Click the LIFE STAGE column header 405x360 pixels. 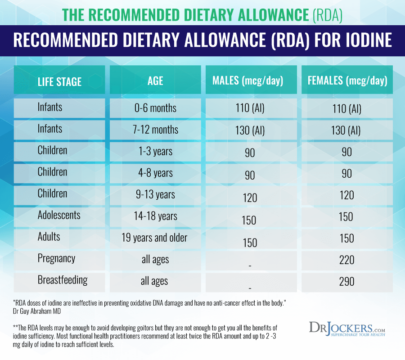point(59,81)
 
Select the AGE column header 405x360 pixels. point(155,81)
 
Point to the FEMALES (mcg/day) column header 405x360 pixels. point(347,81)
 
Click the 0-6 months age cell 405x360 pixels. point(155,108)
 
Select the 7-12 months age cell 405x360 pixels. point(155,130)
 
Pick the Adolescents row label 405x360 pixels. point(59,215)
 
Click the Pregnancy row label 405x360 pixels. point(56,258)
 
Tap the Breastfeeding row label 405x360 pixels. point(62,280)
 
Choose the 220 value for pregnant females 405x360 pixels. point(347,260)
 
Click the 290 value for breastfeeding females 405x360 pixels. point(347,282)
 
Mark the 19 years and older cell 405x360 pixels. point(154,238)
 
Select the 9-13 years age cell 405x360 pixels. point(155,194)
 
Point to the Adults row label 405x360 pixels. point(49,236)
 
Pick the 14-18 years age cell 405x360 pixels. point(155,216)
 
